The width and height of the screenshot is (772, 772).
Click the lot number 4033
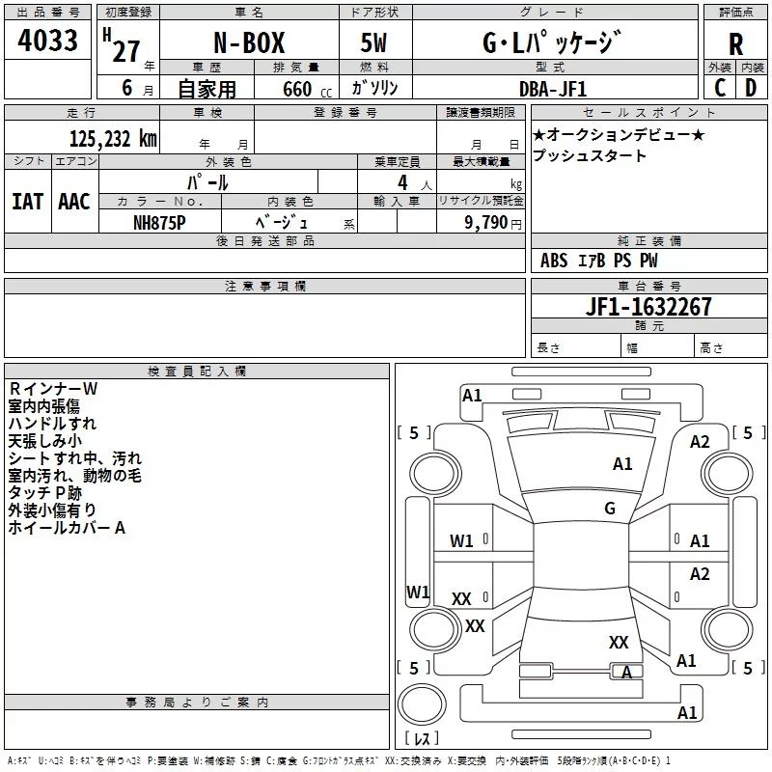[x=48, y=43]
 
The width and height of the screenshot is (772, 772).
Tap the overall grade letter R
[x=735, y=44]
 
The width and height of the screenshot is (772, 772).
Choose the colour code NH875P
[x=159, y=222]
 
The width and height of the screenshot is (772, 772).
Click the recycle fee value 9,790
[x=491, y=222]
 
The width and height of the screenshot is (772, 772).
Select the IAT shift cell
[x=27, y=201]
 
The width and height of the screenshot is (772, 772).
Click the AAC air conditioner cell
[x=74, y=201]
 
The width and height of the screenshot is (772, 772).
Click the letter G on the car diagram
[x=610, y=508]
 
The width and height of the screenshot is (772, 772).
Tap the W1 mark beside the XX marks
[x=418, y=591]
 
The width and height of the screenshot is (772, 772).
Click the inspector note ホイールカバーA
[x=68, y=528]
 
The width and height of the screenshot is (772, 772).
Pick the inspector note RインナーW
[x=53, y=389]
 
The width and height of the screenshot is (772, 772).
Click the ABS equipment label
[x=554, y=261]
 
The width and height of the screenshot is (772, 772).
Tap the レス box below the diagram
[x=421, y=739]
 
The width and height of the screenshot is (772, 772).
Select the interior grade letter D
[x=751, y=88]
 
